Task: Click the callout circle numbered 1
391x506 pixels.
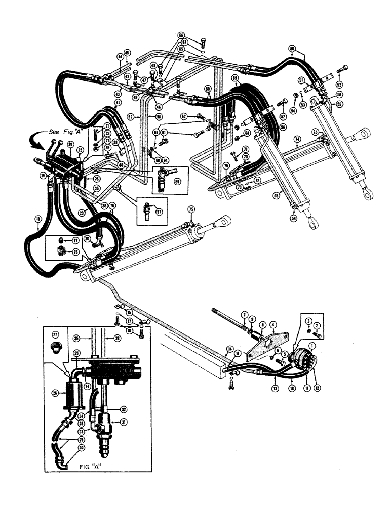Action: [311, 345]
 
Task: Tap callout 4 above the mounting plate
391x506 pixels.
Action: [272, 324]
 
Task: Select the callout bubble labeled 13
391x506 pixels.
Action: [274, 388]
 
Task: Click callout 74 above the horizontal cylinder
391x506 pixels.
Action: [297, 139]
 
